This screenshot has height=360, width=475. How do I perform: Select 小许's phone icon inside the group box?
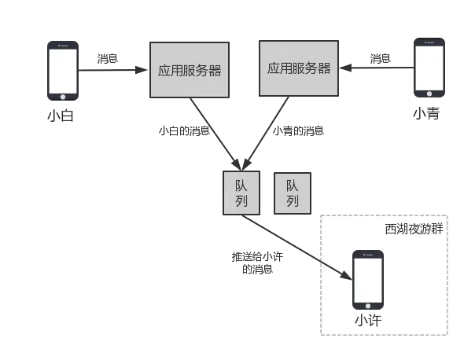367,280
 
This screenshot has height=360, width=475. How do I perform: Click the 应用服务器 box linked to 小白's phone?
190,71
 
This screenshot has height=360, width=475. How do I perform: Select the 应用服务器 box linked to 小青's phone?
299,68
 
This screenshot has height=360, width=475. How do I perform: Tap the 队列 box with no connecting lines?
292,193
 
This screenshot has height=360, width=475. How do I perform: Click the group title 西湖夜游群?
414,229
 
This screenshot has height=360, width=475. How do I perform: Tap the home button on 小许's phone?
367,304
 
